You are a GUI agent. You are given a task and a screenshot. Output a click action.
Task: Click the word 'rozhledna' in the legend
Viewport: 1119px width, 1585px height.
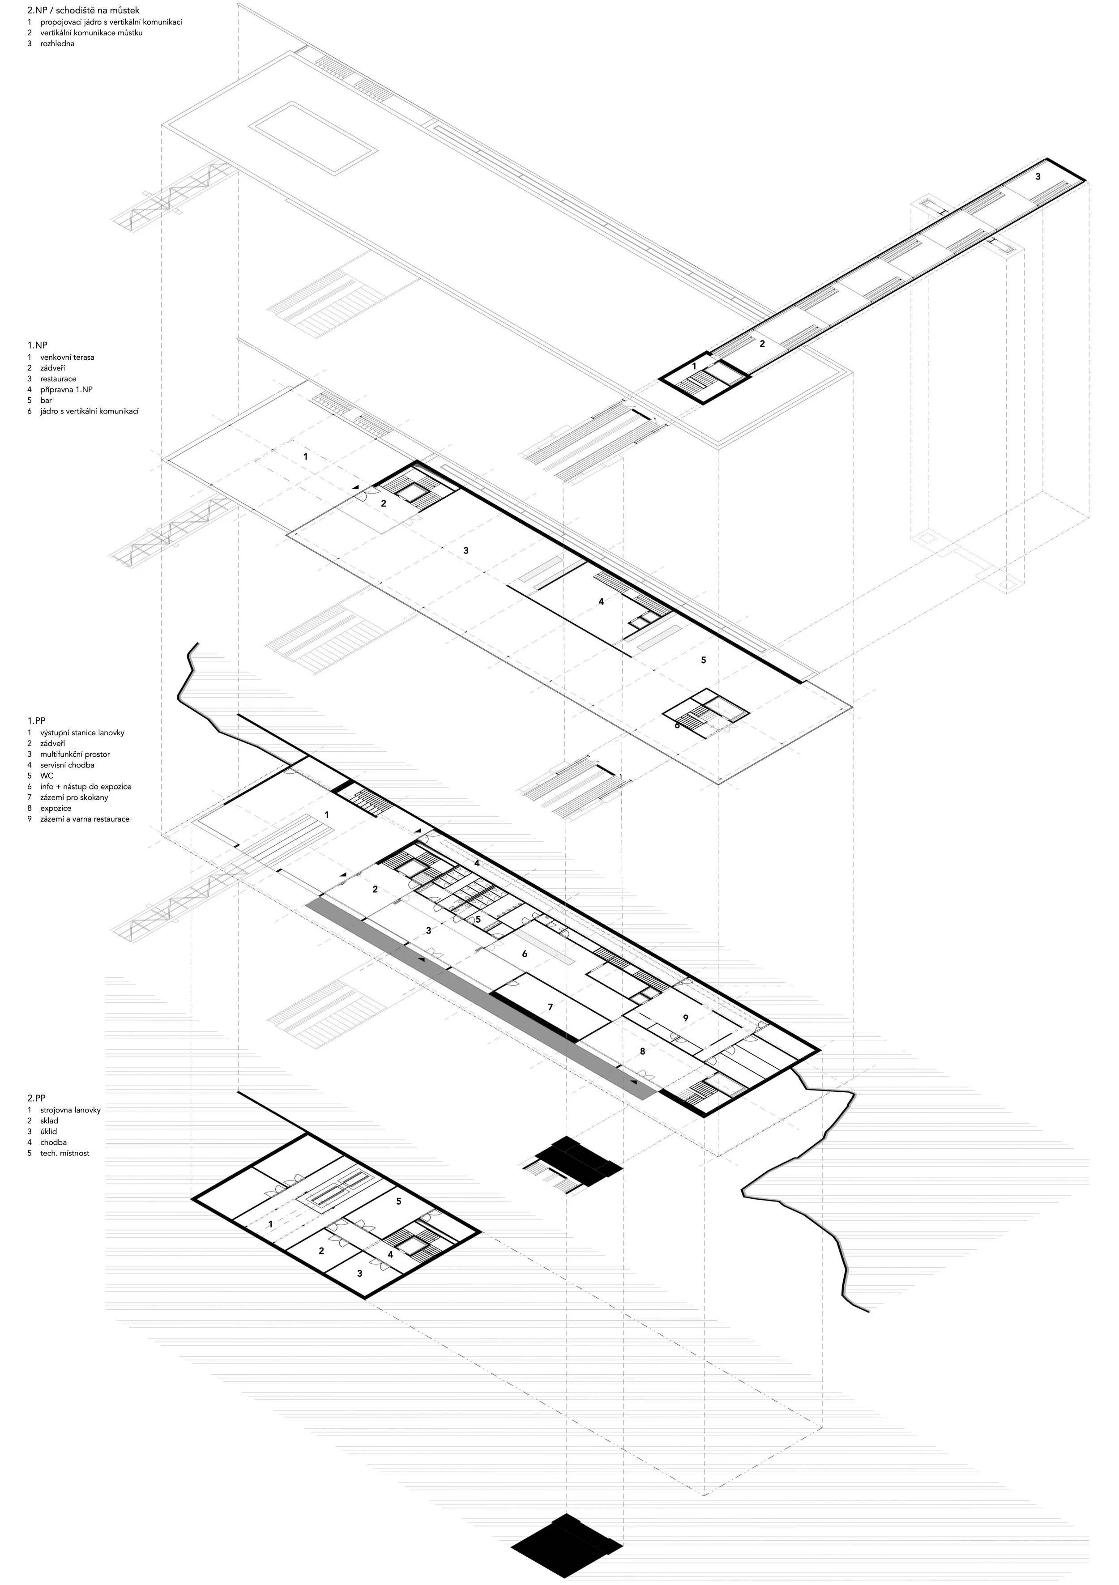click(57, 43)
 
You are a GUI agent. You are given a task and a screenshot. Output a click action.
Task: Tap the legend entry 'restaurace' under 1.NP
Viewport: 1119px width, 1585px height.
click(58, 379)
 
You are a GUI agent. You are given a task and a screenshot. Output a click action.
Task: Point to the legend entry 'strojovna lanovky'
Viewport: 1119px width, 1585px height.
click(70, 1110)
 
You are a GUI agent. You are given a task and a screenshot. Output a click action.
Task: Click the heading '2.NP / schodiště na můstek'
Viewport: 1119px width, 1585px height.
click(84, 10)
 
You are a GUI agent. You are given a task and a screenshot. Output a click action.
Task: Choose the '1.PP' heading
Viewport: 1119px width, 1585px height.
click(37, 721)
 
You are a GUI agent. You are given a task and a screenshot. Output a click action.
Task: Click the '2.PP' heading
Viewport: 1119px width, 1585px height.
click(37, 1098)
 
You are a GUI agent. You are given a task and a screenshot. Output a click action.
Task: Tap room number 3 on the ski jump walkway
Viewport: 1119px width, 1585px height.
click(1038, 177)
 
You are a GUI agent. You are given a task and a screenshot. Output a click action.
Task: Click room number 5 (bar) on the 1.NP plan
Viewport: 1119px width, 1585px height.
click(704, 660)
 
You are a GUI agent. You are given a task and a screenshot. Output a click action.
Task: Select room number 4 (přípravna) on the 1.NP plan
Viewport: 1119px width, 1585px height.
click(601, 602)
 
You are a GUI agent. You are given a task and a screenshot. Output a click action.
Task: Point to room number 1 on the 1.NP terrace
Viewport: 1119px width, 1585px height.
click(306, 456)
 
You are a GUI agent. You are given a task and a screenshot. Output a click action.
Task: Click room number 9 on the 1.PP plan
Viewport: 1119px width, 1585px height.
click(685, 1018)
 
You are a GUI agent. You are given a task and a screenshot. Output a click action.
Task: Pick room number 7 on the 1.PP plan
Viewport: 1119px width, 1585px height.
click(550, 1007)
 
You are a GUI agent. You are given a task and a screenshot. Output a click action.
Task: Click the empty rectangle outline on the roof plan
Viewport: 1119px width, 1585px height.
click(313, 138)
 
